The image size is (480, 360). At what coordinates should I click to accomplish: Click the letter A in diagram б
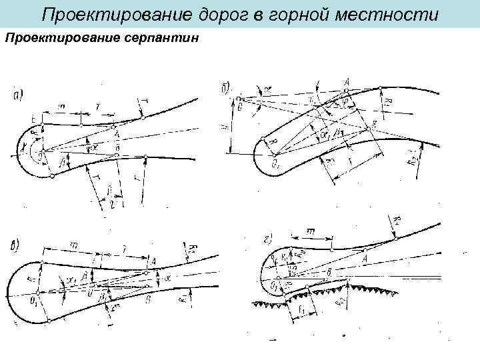(346, 82)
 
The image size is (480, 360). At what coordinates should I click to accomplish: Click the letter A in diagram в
(153, 261)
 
